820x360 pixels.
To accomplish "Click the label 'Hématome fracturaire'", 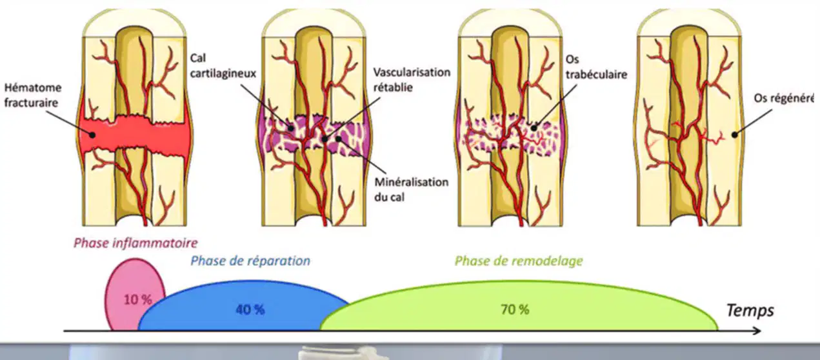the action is coord(33,95).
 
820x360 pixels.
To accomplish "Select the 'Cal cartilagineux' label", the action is coord(223,66).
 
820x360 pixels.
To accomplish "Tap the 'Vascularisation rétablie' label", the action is coord(412,80).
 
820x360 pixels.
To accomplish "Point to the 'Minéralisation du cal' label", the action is coord(411,189).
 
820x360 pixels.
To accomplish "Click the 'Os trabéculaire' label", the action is coord(596,67).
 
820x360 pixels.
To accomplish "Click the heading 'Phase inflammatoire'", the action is coord(135,243).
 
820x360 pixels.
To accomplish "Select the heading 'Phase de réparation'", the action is coord(250,261).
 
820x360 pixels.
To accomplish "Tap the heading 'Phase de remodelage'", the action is coord(519,261).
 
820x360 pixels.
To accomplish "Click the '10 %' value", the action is coord(137,300).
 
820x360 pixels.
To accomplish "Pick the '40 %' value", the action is coord(250,310).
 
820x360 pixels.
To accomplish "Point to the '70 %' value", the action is coord(515,310).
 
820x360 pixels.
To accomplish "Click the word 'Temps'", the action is coord(750,310).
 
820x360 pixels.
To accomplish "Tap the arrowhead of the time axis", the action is coord(757,331).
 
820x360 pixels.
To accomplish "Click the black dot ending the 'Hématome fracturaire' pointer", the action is coord(93,135).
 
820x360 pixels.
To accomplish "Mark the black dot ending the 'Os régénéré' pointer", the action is coord(734,135).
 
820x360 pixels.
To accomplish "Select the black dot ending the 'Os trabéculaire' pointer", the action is coord(534,128).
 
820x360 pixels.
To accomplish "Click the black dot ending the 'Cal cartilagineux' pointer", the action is coord(291,128).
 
